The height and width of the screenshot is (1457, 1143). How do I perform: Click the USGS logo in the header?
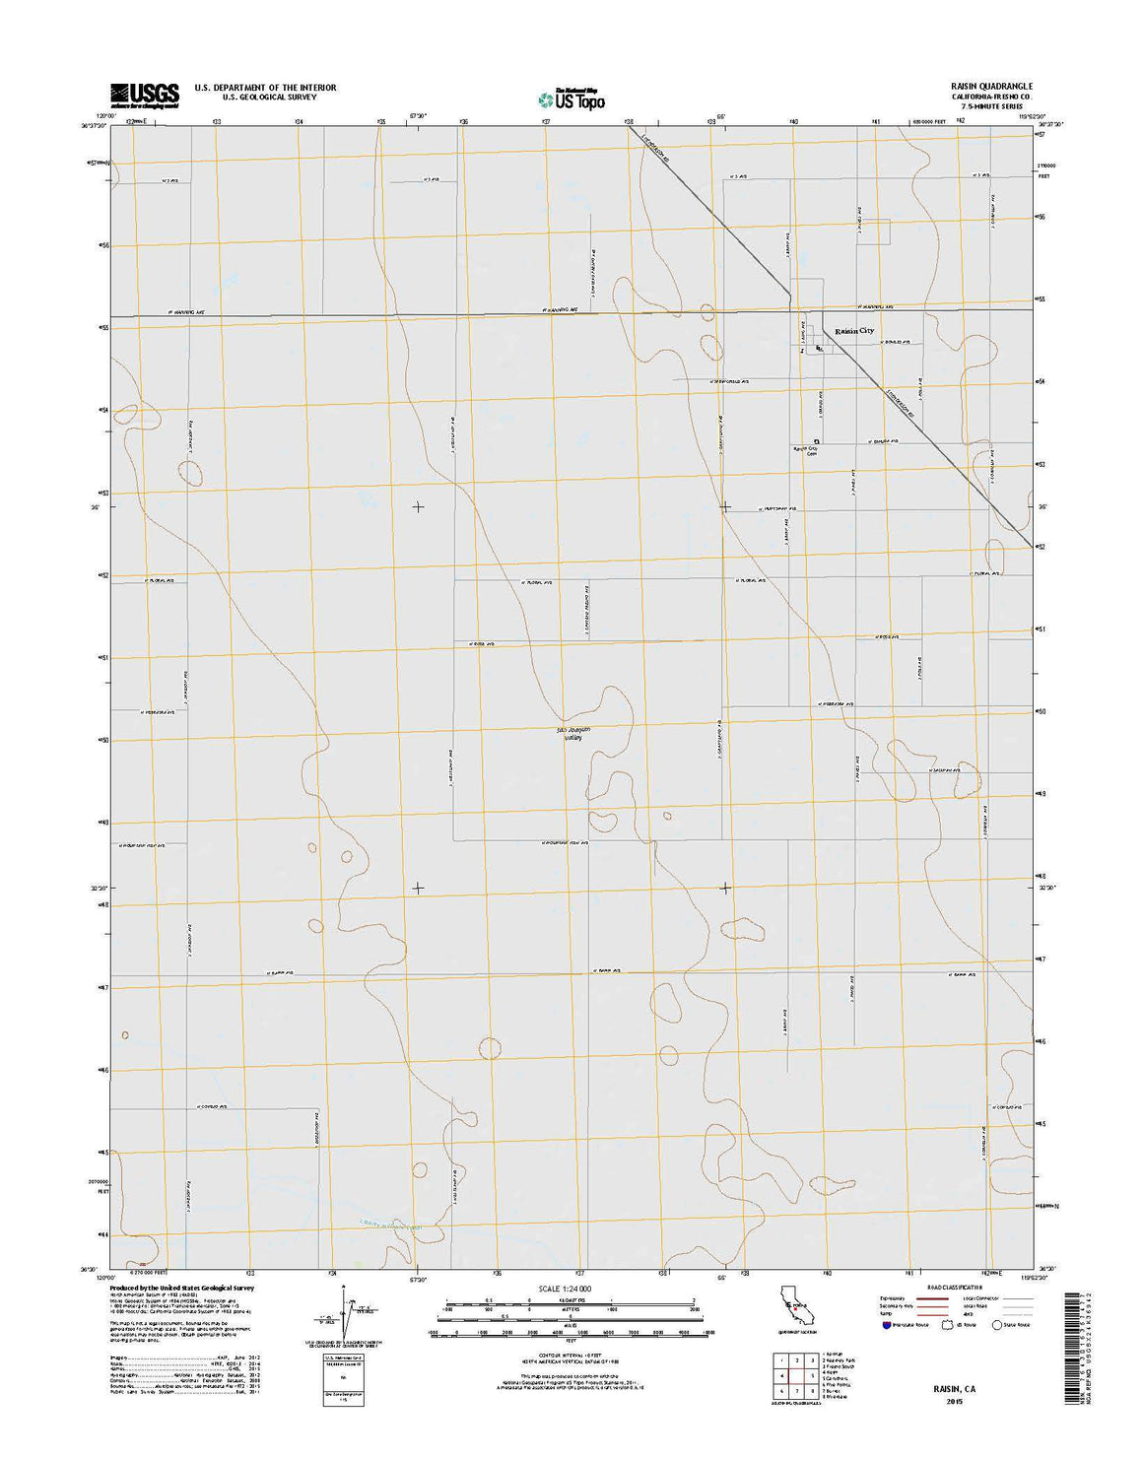pos(144,95)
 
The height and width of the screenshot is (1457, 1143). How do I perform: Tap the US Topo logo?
pos(571,99)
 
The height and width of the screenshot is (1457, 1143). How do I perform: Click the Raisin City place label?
pos(854,332)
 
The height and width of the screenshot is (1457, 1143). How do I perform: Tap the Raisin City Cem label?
pos(806,451)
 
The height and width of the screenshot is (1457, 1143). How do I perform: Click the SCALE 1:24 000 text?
pos(565,1289)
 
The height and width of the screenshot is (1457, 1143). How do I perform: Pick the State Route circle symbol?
pos(997,1325)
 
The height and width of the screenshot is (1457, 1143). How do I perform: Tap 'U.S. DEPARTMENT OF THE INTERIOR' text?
pos(265,88)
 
